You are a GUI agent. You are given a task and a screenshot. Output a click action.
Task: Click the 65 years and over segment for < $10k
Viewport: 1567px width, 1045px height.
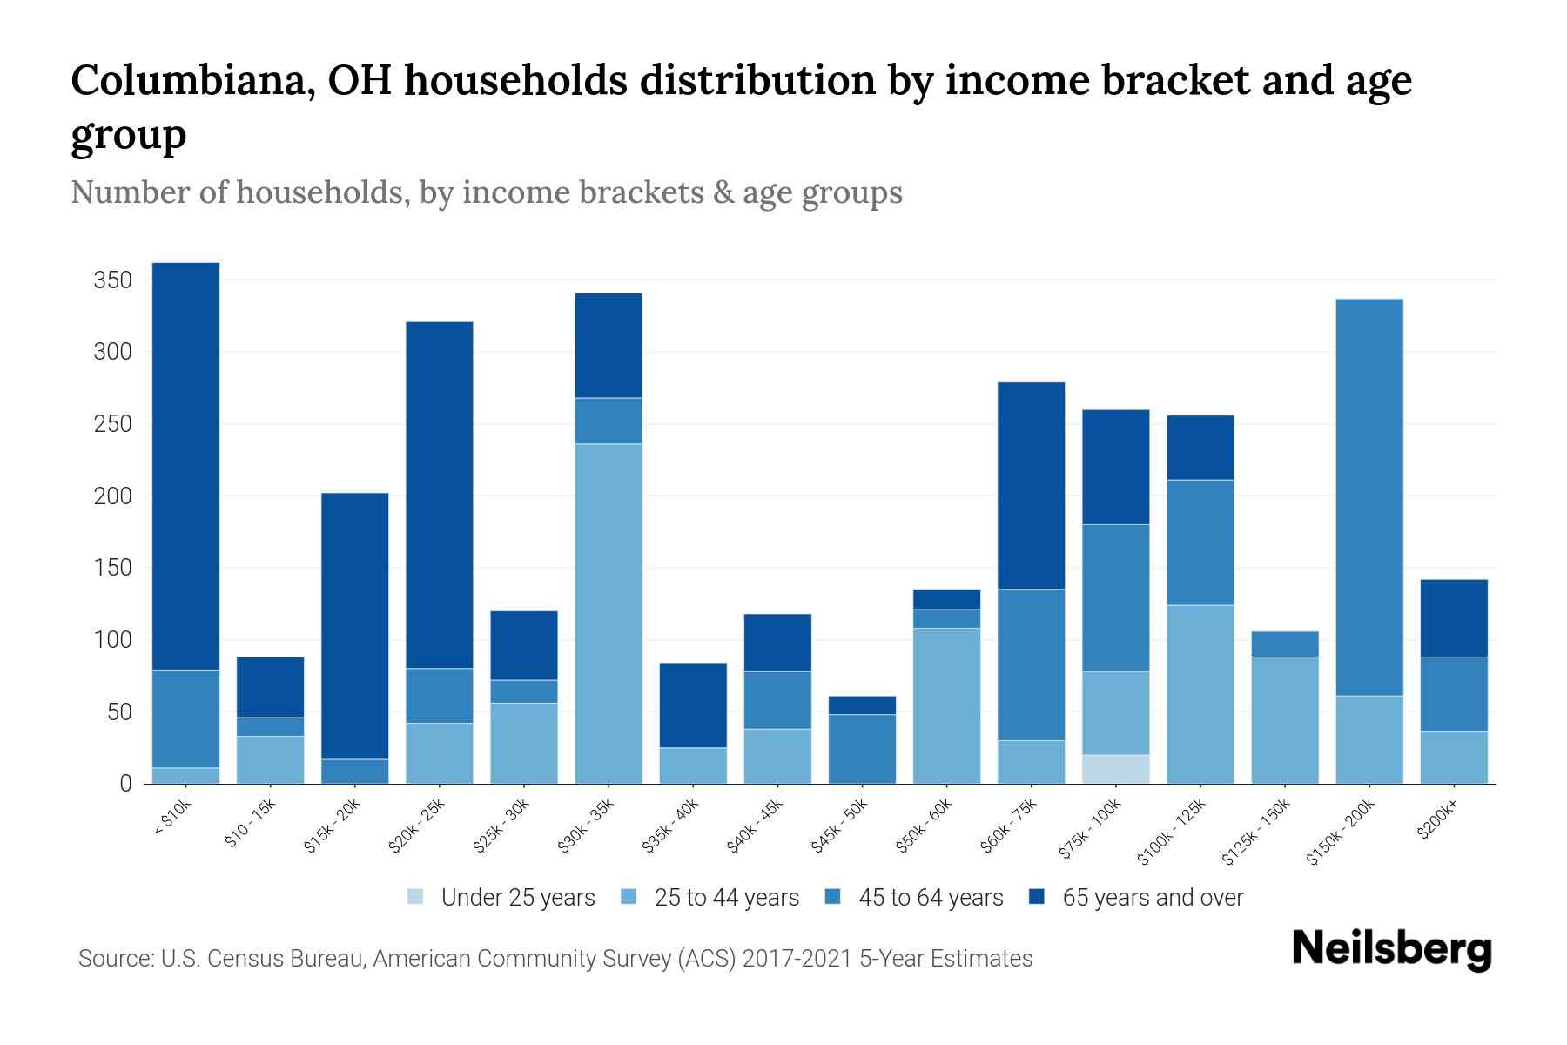185,466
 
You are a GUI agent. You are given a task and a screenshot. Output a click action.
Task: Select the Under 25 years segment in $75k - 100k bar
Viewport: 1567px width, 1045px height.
1115,769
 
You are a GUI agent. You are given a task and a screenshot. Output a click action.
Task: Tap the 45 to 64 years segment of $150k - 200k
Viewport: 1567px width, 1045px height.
1369,497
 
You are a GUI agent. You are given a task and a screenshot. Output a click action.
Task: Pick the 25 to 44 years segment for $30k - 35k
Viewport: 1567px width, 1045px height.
609,614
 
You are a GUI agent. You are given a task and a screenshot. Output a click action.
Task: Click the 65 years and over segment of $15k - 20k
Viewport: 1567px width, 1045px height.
354,626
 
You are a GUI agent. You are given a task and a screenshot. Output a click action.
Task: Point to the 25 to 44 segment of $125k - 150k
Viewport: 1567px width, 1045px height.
1284,720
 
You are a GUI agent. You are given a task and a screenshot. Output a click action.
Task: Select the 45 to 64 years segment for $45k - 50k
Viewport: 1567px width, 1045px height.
862,749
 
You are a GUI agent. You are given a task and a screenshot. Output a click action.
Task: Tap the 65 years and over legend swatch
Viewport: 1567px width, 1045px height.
1037,897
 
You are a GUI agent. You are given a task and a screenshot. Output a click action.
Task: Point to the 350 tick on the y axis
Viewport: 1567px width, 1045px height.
113,280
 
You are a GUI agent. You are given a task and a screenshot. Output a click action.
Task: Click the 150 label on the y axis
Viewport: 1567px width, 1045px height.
113,569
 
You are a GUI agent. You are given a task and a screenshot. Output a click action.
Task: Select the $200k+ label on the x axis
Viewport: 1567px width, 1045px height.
1437,821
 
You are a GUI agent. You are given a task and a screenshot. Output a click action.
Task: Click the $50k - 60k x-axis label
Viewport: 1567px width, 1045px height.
925,826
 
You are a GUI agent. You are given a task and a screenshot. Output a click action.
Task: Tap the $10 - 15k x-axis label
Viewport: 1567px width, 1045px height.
250,822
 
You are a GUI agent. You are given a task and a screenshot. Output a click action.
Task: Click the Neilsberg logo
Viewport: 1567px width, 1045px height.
1391,949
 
